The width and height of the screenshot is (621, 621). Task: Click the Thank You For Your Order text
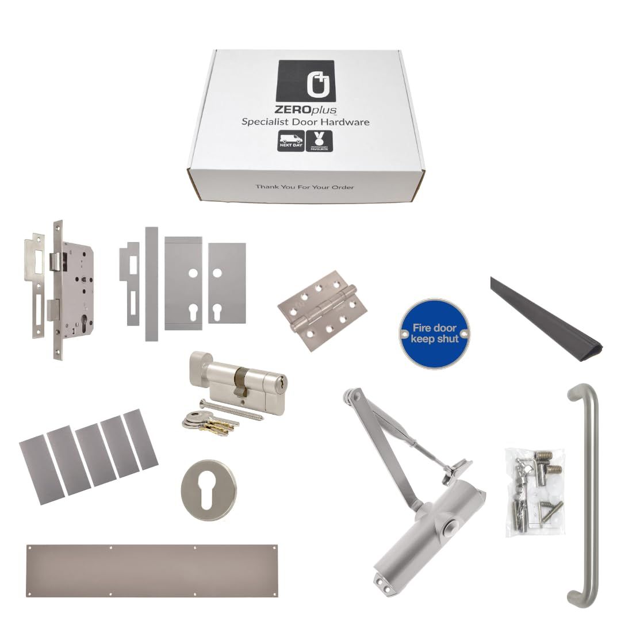[x=305, y=187]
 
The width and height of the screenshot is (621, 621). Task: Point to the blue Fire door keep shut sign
[x=435, y=333]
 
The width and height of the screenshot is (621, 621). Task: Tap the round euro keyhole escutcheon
[x=209, y=490]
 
